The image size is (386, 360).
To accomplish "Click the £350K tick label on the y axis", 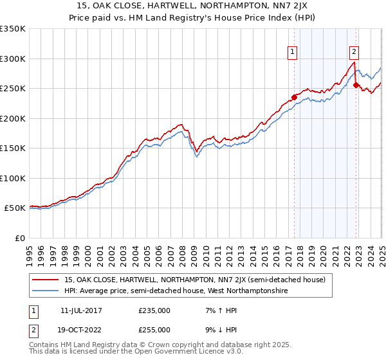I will coord(13,29).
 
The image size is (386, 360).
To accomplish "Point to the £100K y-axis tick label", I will coord(13,178).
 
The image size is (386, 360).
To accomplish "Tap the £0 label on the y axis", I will coord(20,238).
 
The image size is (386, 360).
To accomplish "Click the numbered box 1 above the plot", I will coord(293,52).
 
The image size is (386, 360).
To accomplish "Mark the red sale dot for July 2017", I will coord(294,98).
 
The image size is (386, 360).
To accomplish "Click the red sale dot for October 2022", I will coord(356,85).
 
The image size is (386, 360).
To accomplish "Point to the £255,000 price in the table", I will coord(154,330).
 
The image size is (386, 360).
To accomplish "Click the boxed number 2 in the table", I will coord(33,330).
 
